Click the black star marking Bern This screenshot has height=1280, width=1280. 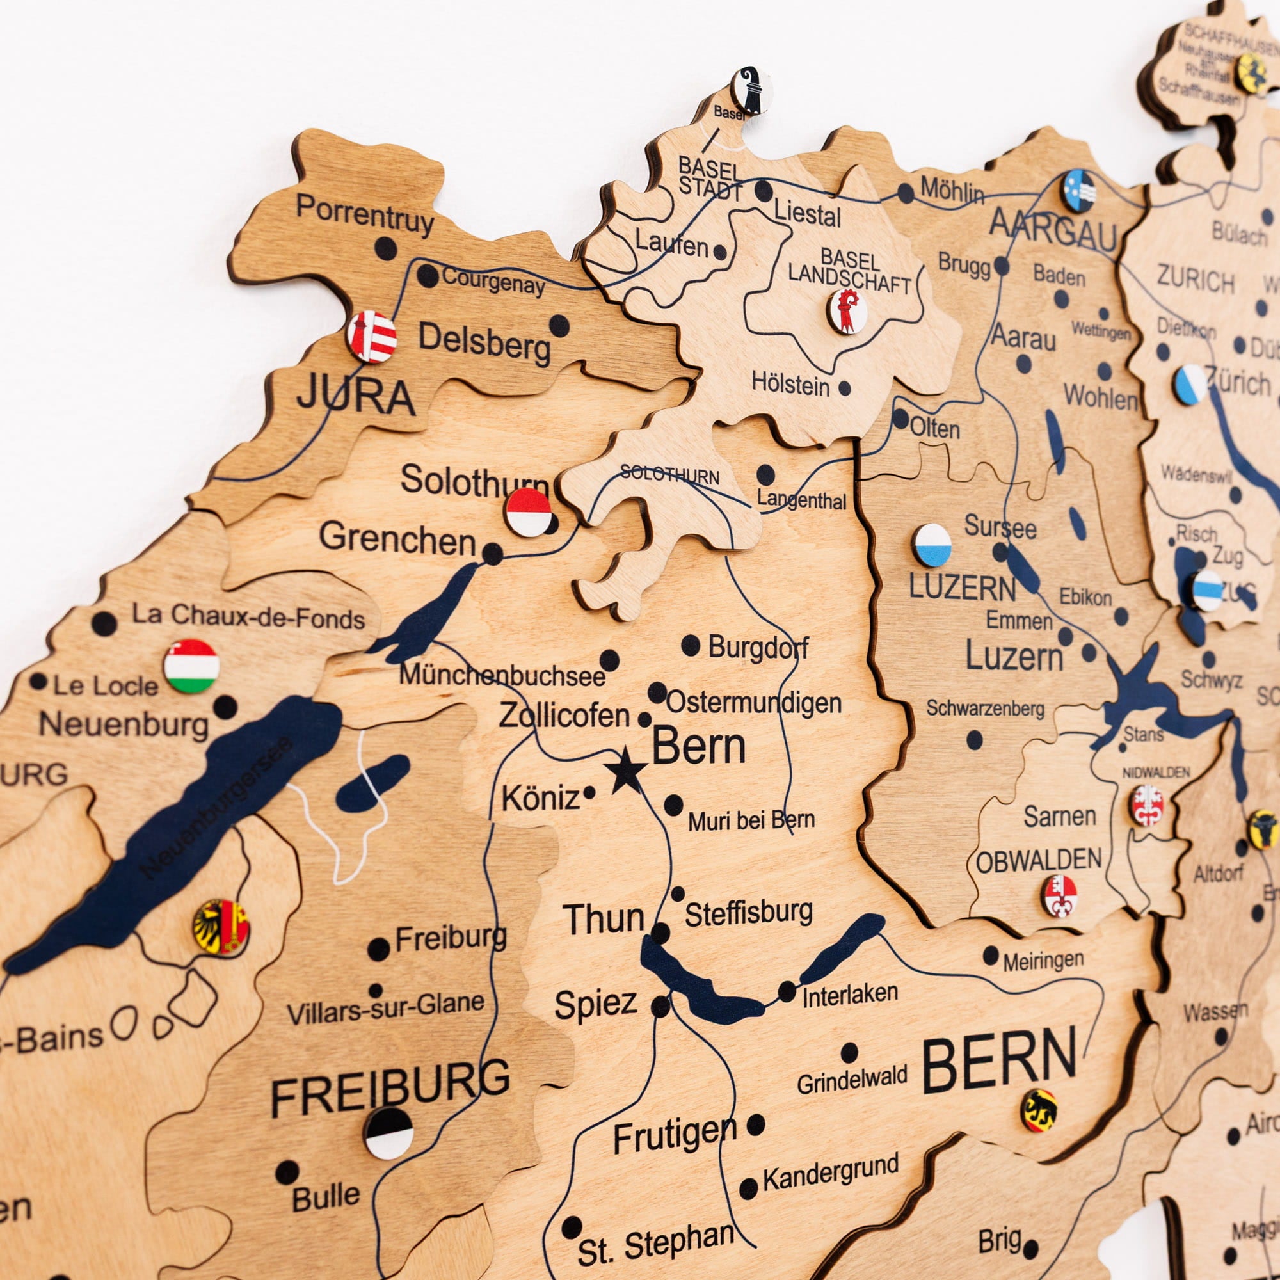625,770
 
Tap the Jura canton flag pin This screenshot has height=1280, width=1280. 372,337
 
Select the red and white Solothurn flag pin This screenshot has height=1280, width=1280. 528,512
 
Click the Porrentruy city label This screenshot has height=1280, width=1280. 365,213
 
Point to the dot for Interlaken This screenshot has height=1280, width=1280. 787,992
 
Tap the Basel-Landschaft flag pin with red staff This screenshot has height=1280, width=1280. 847,311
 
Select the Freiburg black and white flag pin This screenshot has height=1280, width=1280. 389,1133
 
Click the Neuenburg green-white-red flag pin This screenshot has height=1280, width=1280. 191,666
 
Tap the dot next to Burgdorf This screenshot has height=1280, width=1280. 691,645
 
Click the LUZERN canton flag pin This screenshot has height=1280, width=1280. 932,545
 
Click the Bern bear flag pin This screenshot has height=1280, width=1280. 1039,1110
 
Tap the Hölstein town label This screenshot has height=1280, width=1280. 790,384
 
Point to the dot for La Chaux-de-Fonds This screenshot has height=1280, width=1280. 104,623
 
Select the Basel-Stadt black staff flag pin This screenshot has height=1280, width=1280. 750,90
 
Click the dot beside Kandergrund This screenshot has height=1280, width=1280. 748,1188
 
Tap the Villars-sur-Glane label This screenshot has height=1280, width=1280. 385,1009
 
